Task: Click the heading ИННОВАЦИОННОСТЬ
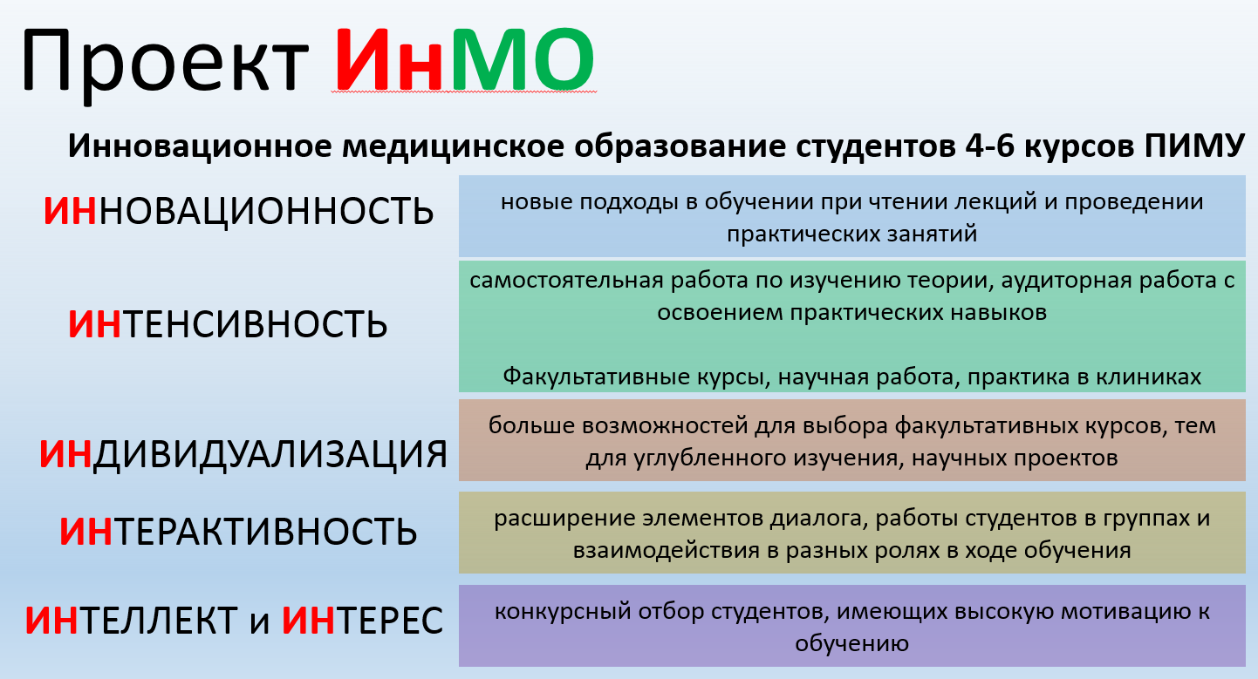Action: [x=238, y=211]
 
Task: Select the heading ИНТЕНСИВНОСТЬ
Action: [x=228, y=324]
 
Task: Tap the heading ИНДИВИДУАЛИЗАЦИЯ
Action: [x=243, y=454]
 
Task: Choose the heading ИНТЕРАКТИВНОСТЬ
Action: [x=238, y=531]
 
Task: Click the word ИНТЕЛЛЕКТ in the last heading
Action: [x=131, y=621]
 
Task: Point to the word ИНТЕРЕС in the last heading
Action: [x=362, y=621]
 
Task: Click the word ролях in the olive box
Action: [x=932, y=551]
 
